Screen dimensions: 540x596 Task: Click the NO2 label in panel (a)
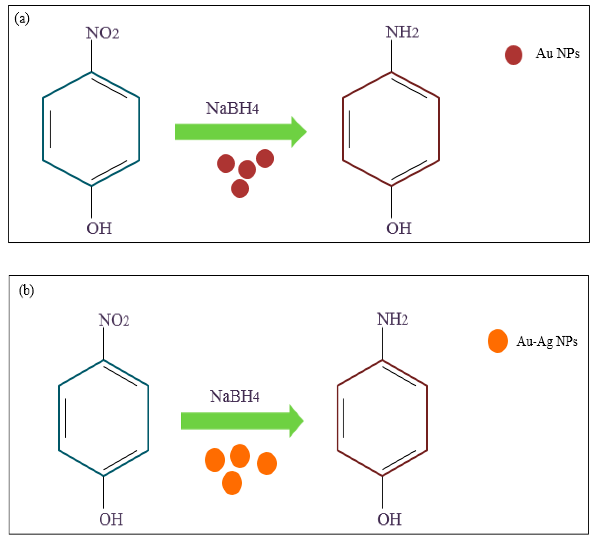coord(102,33)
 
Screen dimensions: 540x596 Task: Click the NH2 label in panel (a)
coord(402,32)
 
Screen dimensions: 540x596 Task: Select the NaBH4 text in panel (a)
coord(232,108)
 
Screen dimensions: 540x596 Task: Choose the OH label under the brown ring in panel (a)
coord(399,229)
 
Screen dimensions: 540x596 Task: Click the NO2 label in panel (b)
coord(114,320)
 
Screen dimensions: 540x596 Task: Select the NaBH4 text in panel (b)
coord(235,397)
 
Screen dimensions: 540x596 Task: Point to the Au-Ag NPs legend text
coord(547,341)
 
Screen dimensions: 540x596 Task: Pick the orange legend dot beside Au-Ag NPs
coord(498,341)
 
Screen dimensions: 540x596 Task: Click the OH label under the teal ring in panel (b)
coord(111,520)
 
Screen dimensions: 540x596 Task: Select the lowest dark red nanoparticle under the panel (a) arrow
coord(240,188)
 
